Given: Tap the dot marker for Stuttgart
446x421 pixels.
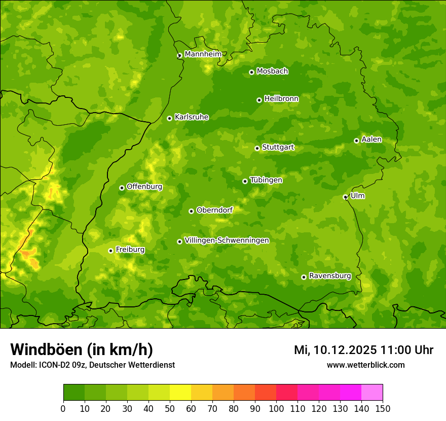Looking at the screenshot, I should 257,148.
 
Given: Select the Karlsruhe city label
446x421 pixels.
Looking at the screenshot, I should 192,117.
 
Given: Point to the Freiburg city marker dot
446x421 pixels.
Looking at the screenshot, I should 110,251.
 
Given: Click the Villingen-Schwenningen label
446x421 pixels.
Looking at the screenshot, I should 227,240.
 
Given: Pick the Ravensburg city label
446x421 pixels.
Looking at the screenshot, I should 330,276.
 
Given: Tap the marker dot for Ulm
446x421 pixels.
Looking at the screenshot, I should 345,197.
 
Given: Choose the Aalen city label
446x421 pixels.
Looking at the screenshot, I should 371,139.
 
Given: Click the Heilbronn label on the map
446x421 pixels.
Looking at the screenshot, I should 281,99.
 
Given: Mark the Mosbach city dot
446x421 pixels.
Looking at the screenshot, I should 251,72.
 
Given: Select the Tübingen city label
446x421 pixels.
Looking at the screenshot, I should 266,180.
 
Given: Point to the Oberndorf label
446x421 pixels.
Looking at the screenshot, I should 215,210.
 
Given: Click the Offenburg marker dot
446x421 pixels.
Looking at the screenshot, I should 122,188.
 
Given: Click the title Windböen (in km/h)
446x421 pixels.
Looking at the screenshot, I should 82,349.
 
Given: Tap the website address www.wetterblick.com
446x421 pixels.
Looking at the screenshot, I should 365,365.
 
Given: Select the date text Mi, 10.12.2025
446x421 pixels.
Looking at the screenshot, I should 335,350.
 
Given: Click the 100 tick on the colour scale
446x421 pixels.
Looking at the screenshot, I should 276,409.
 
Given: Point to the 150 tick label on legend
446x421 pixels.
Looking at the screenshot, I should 383,409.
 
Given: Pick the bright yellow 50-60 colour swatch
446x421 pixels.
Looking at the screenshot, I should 180,393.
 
